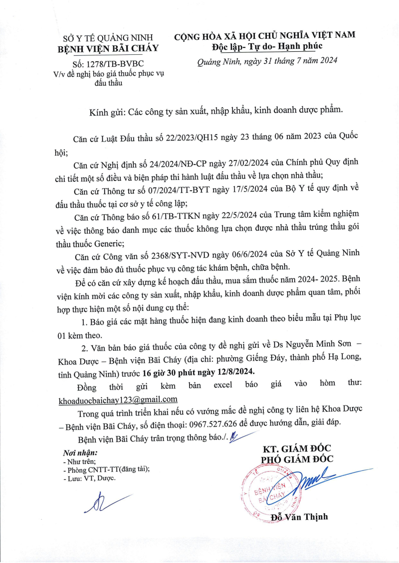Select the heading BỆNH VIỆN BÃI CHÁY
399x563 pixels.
108,48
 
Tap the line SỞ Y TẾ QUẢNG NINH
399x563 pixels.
108,38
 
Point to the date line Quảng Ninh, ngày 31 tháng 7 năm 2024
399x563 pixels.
267,61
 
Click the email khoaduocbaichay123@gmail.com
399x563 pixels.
118,399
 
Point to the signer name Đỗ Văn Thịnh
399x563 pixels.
299,517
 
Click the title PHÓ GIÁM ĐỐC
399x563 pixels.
298,459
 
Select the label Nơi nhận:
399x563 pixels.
80,453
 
